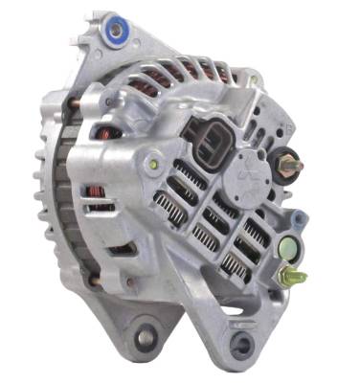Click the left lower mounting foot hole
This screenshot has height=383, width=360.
146,337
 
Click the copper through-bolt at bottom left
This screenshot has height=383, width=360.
94,282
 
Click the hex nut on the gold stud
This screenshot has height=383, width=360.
287,277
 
